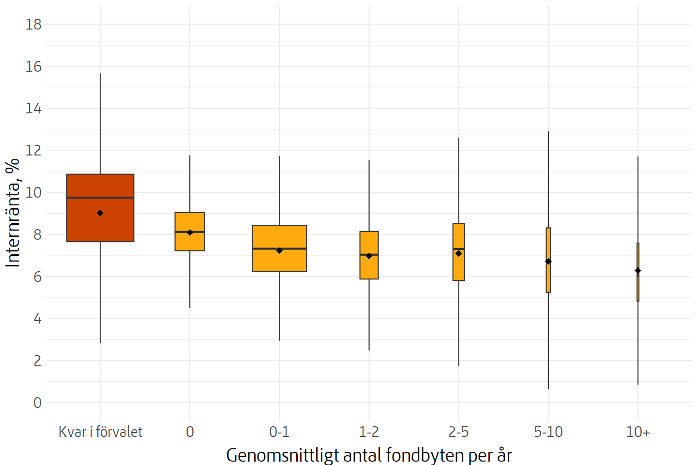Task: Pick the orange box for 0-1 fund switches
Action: pyautogui.click(x=279, y=262)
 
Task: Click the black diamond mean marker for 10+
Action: pyautogui.click(x=638, y=271)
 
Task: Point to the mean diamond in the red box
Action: pyautogui.click(x=100, y=213)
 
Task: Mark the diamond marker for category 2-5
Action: pyautogui.click(x=458, y=253)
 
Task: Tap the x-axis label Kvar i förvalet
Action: pyautogui.click(x=100, y=432)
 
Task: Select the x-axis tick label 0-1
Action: pyautogui.click(x=279, y=432)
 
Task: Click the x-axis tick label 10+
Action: pyautogui.click(x=638, y=432)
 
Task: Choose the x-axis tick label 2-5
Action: pyautogui.click(x=458, y=432)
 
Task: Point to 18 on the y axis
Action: pyautogui.click(x=33, y=24)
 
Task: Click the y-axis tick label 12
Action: pyautogui.click(x=33, y=150)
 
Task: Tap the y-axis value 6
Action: pyautogui.click(x=37, y=277)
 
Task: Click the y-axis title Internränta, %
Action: pyautogui.click(x=13, y=213)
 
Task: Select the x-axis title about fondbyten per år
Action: pyautogui.click(x=369, y=455)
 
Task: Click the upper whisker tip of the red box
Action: pyautogui.click(x=100, y=74)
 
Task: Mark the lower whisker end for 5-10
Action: pyautogui.click(x=548, y=388)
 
